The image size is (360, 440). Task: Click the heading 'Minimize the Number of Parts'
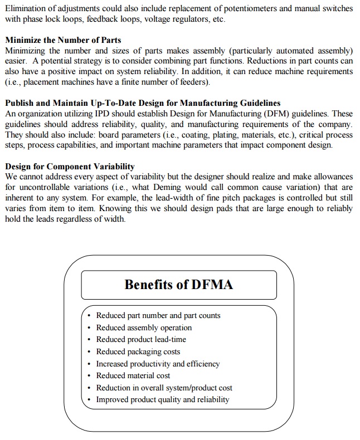62,40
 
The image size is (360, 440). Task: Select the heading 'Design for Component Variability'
70,167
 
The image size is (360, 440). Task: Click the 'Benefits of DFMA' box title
178,285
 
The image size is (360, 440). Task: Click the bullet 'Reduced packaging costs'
138,351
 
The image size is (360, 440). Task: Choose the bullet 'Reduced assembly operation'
144,327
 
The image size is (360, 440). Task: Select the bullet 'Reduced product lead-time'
141,339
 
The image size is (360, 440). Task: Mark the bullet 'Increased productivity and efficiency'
158,364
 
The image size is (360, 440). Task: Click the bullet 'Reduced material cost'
133,375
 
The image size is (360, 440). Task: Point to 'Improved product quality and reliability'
162,399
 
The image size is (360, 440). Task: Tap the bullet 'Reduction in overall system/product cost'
164,388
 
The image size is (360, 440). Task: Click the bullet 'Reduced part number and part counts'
158,315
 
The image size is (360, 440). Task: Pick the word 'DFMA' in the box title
212,285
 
